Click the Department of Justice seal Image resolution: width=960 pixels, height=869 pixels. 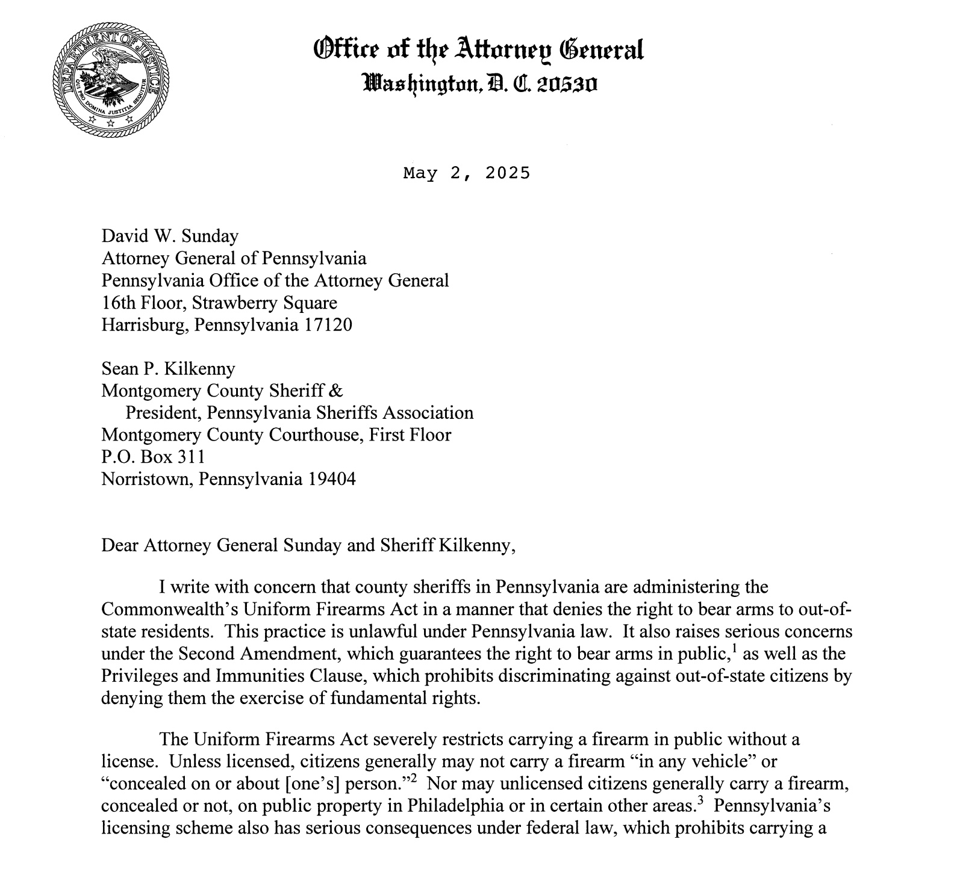[111, 79]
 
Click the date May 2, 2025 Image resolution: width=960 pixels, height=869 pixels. [467, 173]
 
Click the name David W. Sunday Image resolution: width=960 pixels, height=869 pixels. [170, 236]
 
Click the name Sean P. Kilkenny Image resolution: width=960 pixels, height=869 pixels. [169, 368]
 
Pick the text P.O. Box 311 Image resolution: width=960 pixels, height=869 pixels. [154, 457]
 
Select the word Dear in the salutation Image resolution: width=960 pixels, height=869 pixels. [120, 545]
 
